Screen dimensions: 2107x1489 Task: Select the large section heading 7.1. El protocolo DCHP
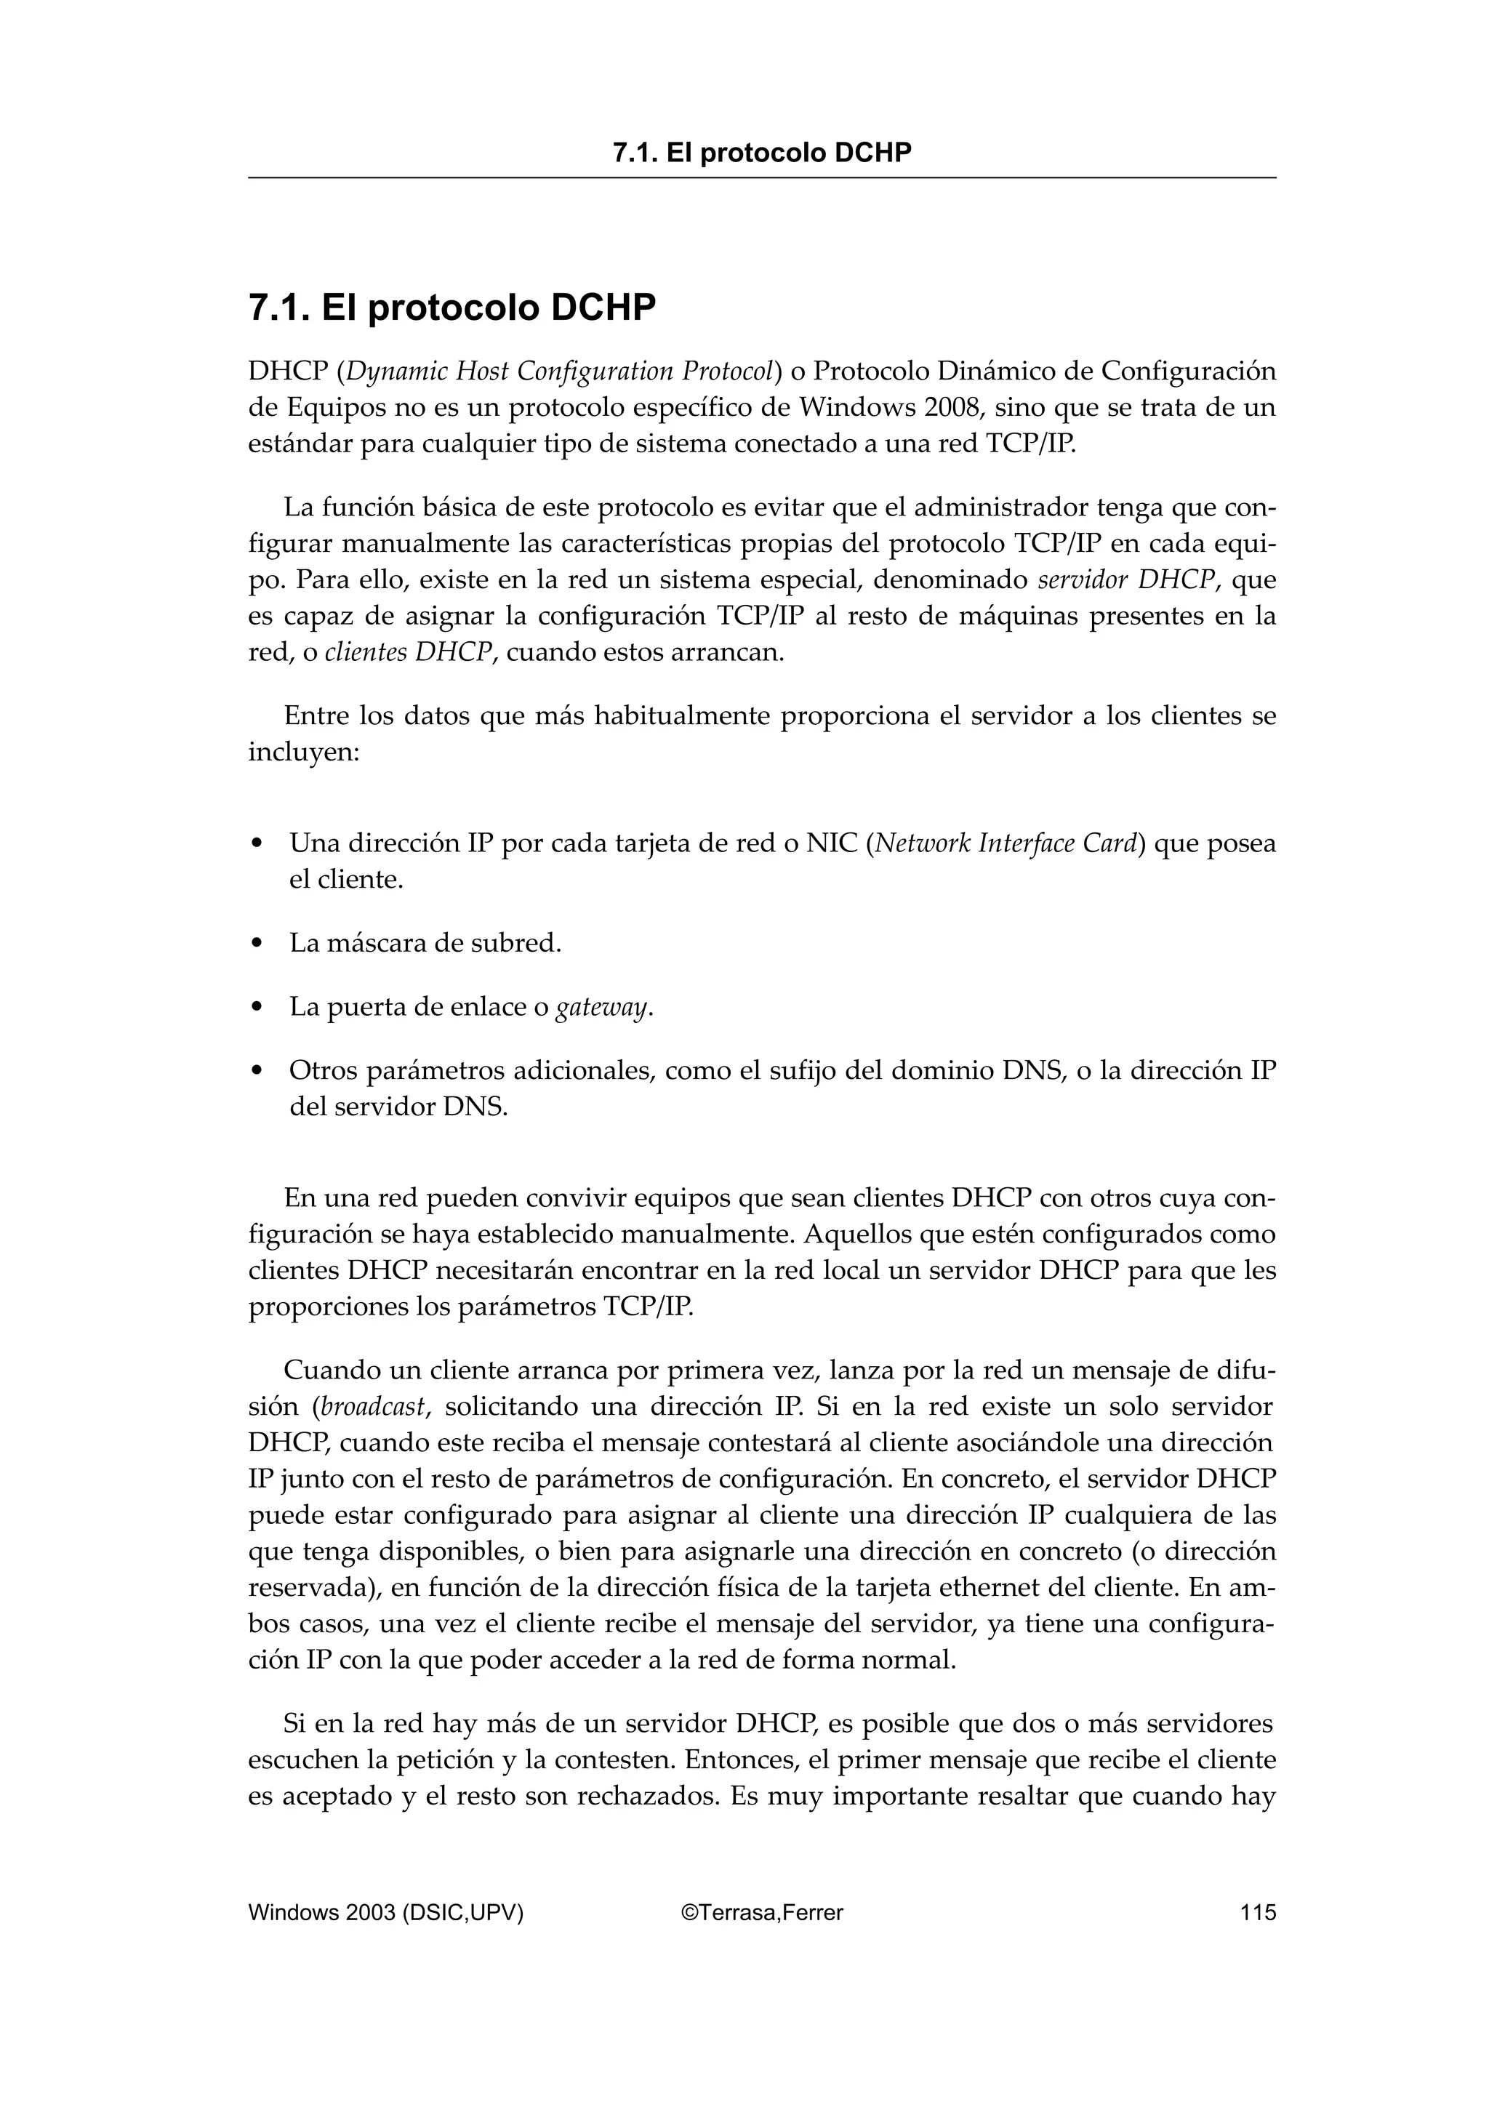pyautogui.click(x=452, y=308)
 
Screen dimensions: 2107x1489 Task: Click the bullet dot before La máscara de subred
pyautogui.click(x=258, y=944)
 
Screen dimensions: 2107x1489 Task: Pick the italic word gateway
pyautogui.click(x=602, y=1008)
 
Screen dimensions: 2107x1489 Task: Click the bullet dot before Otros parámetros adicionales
pyautogui.click(x=258, y=1071)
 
